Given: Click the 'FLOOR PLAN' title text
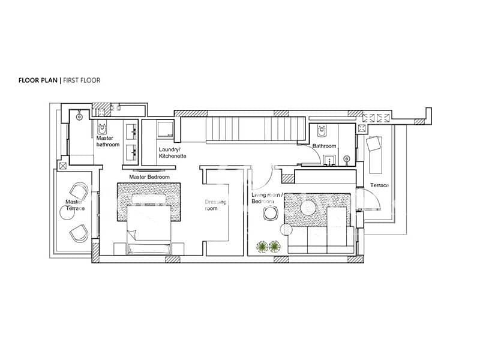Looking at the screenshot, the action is (38, 80).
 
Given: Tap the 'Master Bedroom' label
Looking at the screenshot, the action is (149, 177).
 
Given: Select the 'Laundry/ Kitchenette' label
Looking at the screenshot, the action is (172, 153).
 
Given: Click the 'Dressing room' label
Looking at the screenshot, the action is (215, 205).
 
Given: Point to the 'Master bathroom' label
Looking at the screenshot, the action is (108, 141).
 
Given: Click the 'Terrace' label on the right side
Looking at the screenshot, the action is (379, 185).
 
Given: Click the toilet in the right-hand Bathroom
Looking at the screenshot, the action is (322, 130).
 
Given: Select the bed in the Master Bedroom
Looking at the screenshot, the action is (149, 229).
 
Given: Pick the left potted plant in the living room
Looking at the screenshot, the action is (262, 247).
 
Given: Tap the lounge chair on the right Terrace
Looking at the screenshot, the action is (374, 155).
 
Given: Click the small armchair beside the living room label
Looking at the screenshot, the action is (271, 213).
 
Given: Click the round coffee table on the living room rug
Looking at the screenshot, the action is (308, 208).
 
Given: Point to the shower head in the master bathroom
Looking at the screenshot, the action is (79, 116).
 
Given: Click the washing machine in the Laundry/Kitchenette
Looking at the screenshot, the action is (166, 129).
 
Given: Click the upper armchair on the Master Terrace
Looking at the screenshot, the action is (79, 191).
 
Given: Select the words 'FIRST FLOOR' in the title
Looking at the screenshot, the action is (82, 80).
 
